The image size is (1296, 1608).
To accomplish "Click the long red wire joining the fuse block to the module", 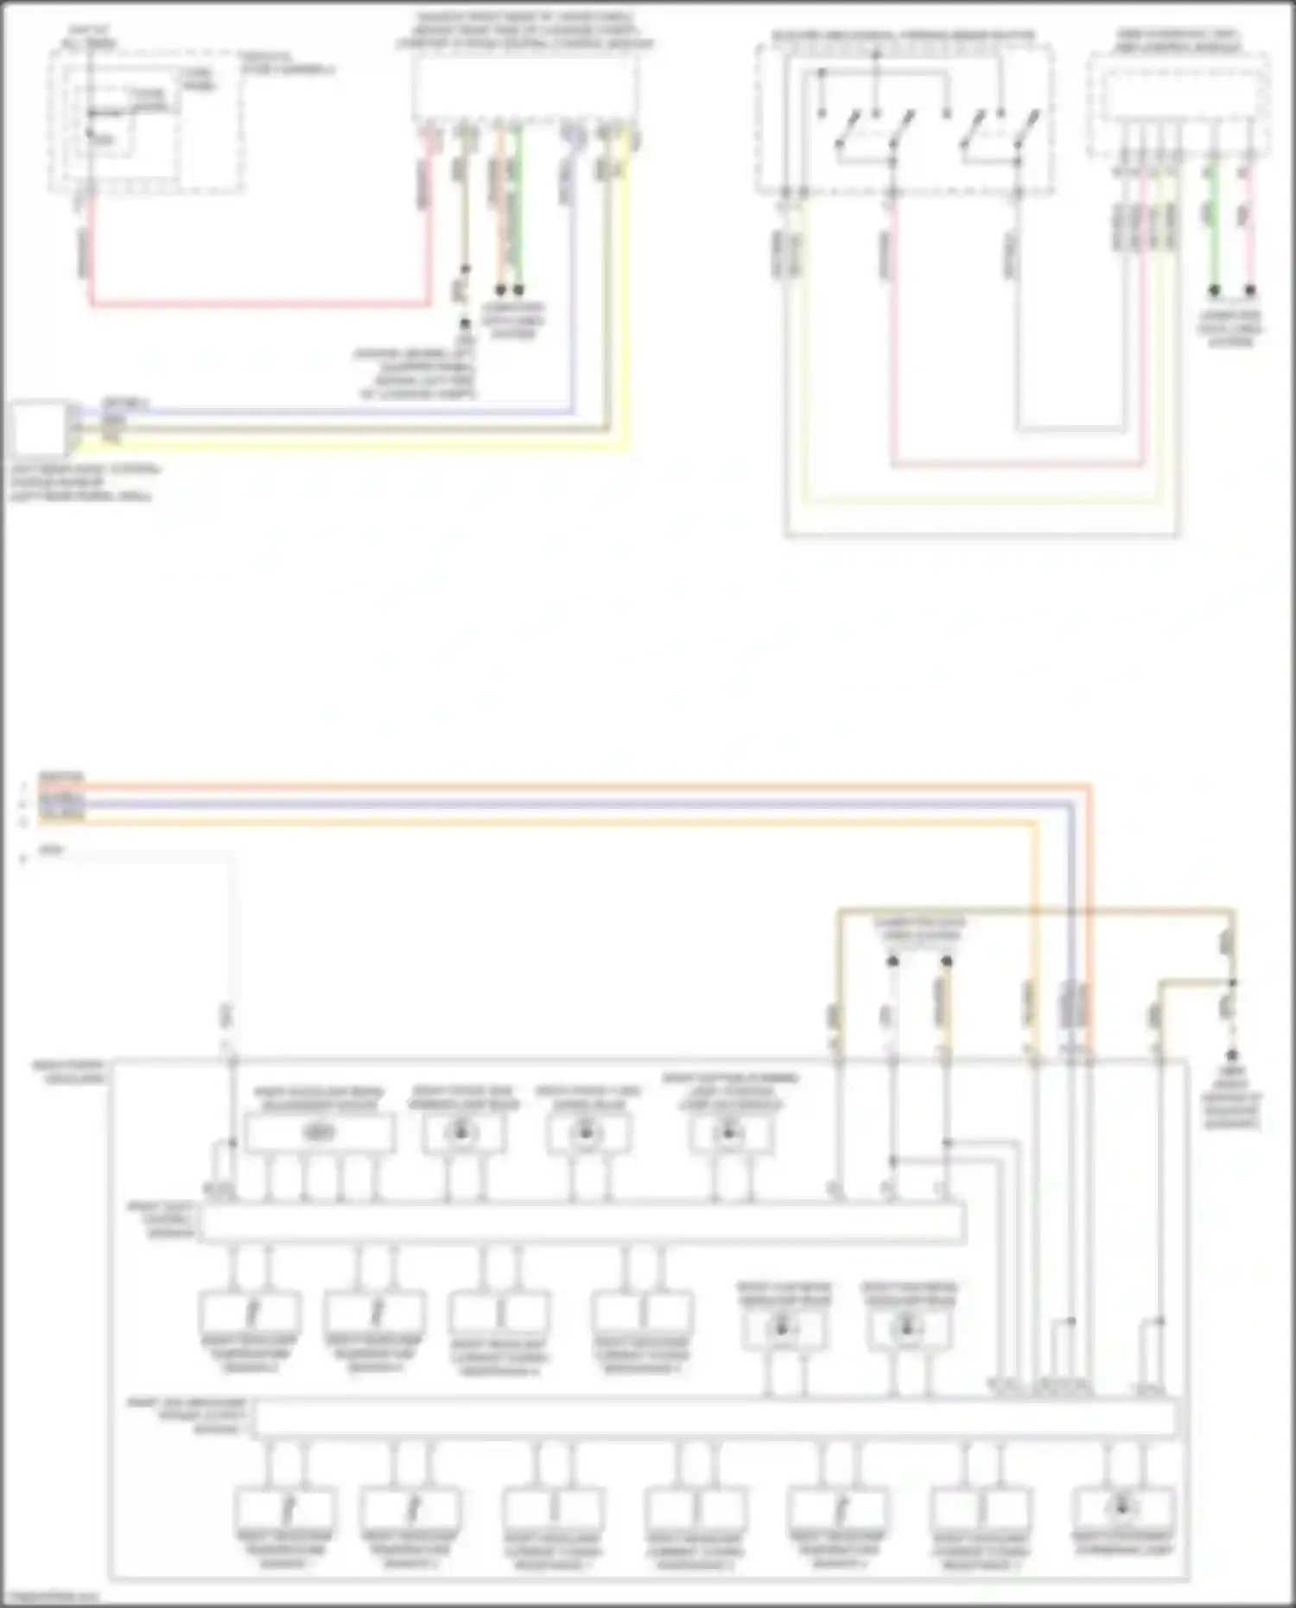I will coord(259,303).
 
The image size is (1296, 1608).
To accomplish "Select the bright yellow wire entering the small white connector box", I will coord(346,446).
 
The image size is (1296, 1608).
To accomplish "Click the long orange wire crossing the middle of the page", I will coord(562,787).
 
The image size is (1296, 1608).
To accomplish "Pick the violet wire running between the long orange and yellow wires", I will coord(562,804).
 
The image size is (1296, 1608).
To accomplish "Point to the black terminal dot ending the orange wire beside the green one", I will coord(499,290).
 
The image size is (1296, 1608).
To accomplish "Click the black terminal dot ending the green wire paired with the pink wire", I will coord(1214,290).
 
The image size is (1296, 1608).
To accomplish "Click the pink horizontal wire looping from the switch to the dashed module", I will coord(1020,465).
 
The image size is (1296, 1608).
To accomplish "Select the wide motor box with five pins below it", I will coord(320,1133).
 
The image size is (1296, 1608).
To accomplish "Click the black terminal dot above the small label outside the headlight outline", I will coord(1232,1056).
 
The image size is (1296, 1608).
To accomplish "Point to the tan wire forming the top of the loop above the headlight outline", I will coord(1037,910).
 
